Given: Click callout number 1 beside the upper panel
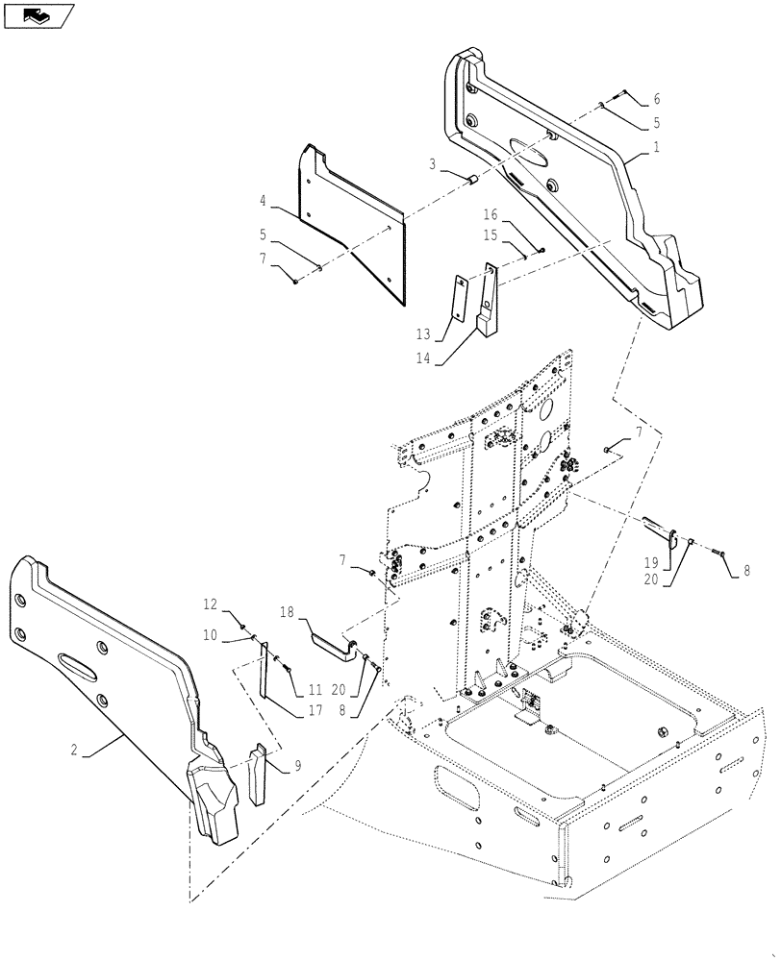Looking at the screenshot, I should point(657,149).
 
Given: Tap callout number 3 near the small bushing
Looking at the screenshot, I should point(434,165).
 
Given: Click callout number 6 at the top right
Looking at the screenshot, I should point(656,99).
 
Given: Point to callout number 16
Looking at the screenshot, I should point(489,215).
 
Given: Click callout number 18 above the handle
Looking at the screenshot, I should point(287,611).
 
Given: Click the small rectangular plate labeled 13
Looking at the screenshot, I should point(460,303).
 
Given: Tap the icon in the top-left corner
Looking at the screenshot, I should point(38,14).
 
